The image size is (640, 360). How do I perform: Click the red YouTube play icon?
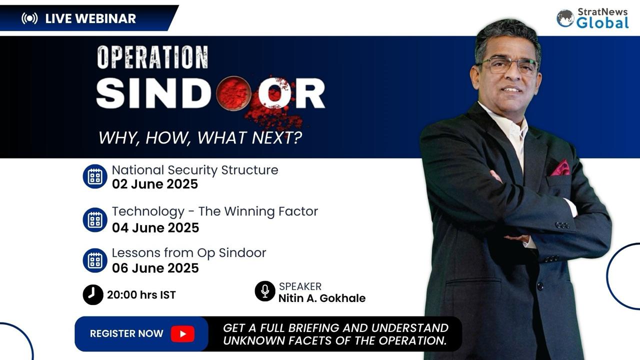[x=183, y=333]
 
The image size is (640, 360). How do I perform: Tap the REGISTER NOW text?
[x=126, y=333]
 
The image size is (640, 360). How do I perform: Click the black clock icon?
[x=93, y=294]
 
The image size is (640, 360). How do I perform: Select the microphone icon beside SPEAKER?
[x=265, y=291]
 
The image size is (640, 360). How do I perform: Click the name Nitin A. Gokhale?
[x=322, y=298]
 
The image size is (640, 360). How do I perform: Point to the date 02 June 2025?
[x=155, y=184]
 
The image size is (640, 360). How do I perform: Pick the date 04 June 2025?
[x=155, y=227]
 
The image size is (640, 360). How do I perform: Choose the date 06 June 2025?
[x=155, y=268]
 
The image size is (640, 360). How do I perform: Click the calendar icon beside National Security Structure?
[x=95, y=176]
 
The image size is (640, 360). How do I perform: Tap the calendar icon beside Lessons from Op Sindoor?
[x=95, y=260]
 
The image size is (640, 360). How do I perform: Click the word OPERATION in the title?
[x=153, y=57]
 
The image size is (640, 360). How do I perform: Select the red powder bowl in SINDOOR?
[x=233, y=93]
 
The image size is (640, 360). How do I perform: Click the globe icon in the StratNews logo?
[x=565, y=18]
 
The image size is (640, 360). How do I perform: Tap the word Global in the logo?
[x=602, y=22]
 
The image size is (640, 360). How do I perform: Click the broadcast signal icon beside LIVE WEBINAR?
[x=29, y=18]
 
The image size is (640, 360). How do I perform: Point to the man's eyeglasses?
[x=507, y=65]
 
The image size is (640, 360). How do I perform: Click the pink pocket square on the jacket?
[x=560, y=168]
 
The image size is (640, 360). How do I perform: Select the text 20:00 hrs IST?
[x=141, y=295]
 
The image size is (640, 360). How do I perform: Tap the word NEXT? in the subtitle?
[x=276, y=137]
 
